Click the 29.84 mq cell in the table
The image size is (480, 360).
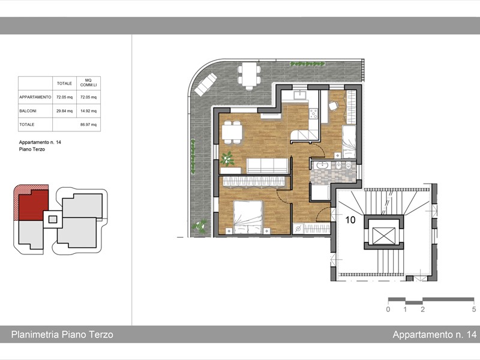64,110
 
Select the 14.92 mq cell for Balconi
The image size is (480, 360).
88,110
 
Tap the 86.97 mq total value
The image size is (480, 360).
88,125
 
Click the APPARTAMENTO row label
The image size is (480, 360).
35,97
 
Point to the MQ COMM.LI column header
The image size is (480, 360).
88,83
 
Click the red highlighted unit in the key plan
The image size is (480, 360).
31,204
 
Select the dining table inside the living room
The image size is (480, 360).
232,132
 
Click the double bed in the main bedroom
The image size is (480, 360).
248,218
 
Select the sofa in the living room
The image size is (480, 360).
266,165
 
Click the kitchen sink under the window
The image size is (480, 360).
299,94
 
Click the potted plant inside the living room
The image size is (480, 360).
227,159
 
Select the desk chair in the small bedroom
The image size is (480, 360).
334,106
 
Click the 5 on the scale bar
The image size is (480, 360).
473,310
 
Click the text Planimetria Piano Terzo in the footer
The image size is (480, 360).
62,334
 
